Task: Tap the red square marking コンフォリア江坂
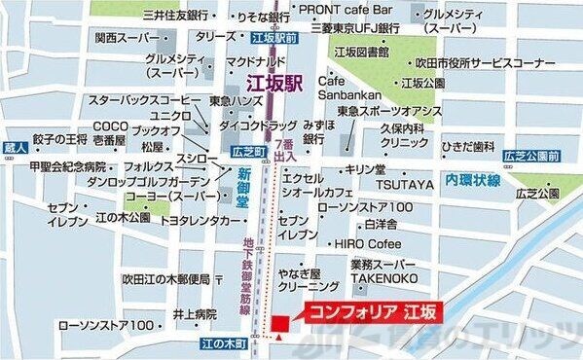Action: tap(280, 321)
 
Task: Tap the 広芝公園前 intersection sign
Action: tap(531, 155)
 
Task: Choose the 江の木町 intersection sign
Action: tap(222, 342)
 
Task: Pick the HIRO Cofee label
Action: tap(368, 243)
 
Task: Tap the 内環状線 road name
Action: tap(473, 182)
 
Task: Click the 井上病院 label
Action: tap(195, 314)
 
